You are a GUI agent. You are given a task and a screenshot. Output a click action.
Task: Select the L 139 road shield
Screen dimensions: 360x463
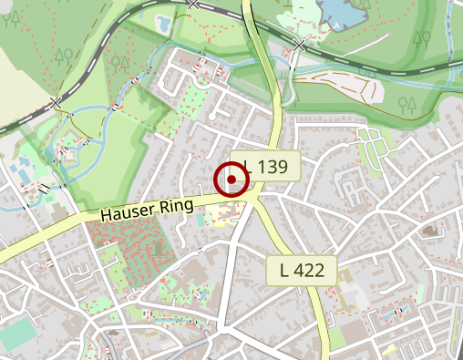[265, 167]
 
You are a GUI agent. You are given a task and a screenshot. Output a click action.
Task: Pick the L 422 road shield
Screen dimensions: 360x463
[302, 270]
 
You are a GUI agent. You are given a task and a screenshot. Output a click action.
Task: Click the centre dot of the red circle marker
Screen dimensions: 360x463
[231, 180]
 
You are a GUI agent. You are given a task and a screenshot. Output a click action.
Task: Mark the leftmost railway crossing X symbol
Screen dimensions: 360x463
[57, 102]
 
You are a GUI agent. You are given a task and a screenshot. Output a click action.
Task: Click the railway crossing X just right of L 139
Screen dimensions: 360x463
[299, 45]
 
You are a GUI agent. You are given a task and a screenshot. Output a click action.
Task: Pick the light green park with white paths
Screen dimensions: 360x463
[374, 146]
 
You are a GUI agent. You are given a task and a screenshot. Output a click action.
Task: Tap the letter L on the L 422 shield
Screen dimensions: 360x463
[285, 270]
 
